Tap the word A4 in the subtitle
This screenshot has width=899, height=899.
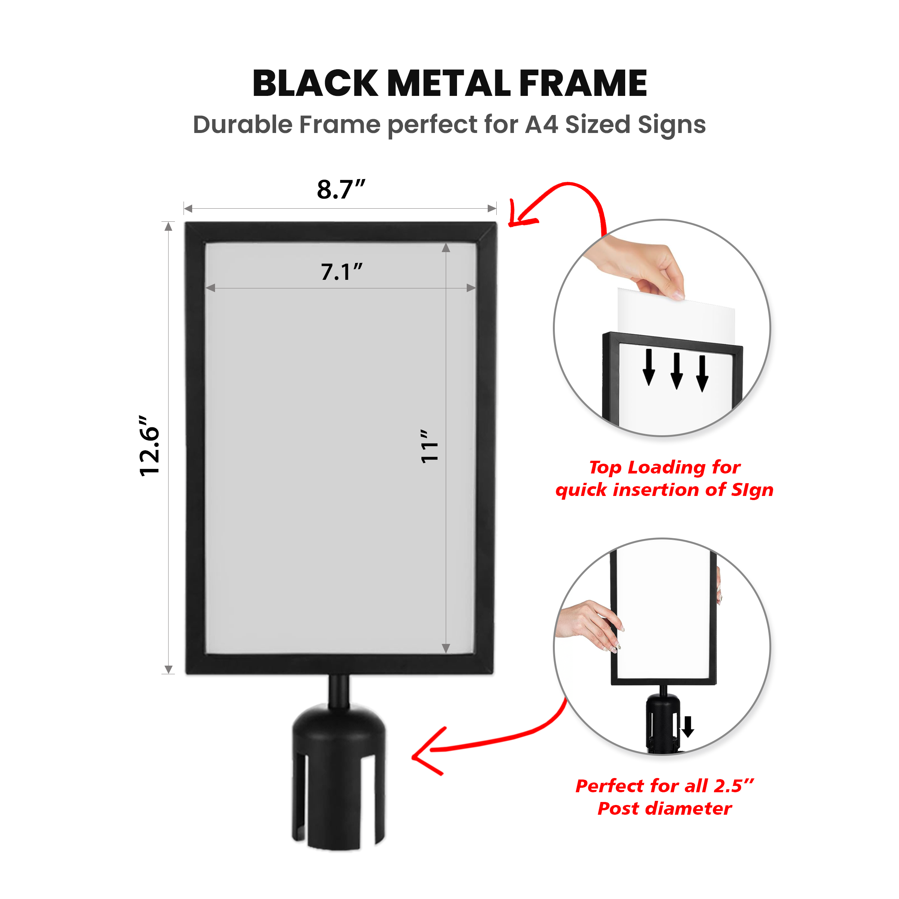pos(542,125)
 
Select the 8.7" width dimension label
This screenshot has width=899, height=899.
pos(341,190)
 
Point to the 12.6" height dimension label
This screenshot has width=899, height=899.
pos(149,445)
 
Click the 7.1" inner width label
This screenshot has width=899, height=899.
pos(342,272)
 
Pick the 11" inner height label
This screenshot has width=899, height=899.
pos(429,446)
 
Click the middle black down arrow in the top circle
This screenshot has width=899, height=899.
pos(677,371)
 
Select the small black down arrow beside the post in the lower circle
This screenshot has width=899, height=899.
pos(688,726)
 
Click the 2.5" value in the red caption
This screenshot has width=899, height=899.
pos(734,786)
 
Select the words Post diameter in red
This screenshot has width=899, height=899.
pos(665,809)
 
